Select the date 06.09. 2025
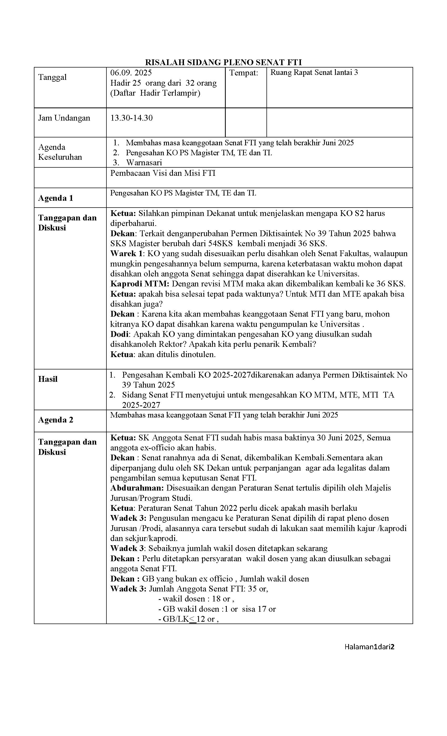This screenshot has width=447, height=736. click(131, 73)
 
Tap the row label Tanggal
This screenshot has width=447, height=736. click(52, 77)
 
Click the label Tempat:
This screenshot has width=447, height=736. click(244, 73)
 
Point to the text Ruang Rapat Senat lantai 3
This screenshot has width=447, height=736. click(314, 72)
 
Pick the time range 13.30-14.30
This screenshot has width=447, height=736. click(131, 118)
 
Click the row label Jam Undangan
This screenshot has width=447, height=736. click(64, 118)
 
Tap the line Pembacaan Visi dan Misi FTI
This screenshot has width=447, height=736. click(163, 173)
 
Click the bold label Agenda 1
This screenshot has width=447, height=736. click(55, 198)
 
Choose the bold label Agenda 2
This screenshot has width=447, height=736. click(55, 420)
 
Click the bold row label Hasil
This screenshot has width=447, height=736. click(48, 379)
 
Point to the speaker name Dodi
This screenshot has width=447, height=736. click(119, 334)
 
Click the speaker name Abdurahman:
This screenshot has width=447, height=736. click(137, 488)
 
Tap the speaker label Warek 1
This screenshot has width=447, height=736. click(127, 253)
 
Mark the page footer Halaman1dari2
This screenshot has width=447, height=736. click(369, 647)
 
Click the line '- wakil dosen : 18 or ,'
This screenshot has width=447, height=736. click(196, 599)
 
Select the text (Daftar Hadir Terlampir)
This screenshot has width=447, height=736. click(155, 93)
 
